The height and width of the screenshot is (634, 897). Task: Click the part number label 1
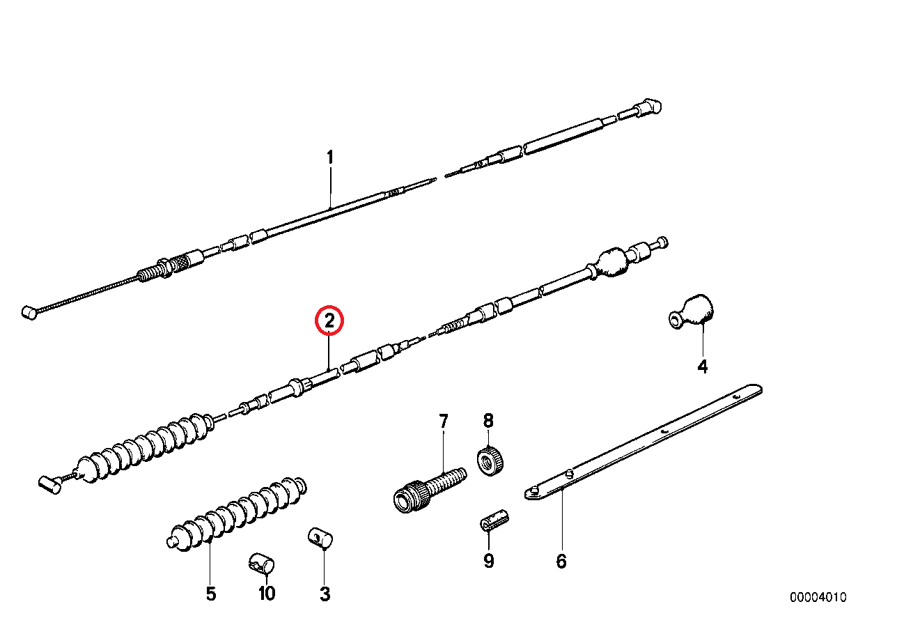pyautogui.click(x=330, y=157)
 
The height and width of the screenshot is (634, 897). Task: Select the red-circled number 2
pyautogui.click(x=329, y=320)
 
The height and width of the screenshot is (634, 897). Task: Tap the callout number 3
pyautogui.click(x=325, y=594)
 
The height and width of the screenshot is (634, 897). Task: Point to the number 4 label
pyautogui.click(x=703, y=367)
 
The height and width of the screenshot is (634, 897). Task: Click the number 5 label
pyautogui.click(x=211, y=594)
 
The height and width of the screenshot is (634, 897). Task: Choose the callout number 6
pyautogui.click(x=561, y=562)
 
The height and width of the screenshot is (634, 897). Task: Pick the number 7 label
pyautogui.click(x=443, y=422)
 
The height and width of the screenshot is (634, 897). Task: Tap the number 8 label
pyautogui.click(x=488, y=421)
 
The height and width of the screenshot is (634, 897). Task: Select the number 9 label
pyautogui.click(x=489, y=561)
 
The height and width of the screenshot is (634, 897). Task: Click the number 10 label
pyautogui.click(x=267, y=594)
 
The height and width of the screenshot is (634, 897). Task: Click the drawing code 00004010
pyautogui.click(x=818, y=598)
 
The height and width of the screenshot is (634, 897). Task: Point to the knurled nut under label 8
pyautogui.click(x=490, y=462)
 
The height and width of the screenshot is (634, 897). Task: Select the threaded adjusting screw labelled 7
pyautogui.click(x=430, y=489)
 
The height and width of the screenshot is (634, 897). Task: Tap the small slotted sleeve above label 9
pyautogui.click(x=494, y=521)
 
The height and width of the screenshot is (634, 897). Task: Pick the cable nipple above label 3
pyautogui.click(x=320, y=539)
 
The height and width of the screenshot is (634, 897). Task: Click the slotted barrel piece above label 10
pyautogui.click(x=261, y=564)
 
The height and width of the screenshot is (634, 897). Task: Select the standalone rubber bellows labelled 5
pyautogui.click(x=237, y=515)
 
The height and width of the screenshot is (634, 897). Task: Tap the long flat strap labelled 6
pyautogui.click(x=643, y=442)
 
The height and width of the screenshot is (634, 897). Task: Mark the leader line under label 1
pyautogui.click(x=330, y=187)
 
